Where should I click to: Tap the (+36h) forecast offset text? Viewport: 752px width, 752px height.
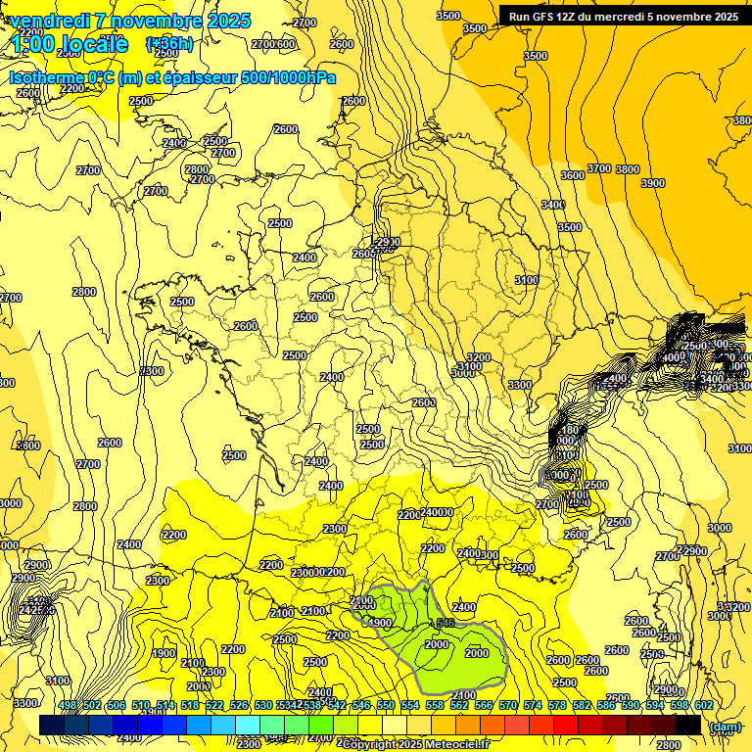(169, 44)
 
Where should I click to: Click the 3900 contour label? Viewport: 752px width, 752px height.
(652, 183)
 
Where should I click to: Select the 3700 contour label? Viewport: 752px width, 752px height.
(598, 169)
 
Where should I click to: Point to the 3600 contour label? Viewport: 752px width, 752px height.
(573, 175)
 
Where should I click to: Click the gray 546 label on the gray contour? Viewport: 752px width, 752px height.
(446, 623)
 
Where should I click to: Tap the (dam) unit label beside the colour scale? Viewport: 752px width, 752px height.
(724, 727)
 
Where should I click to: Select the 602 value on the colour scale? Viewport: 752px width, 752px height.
(702, 705)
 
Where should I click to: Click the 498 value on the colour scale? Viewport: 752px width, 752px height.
(68, 705)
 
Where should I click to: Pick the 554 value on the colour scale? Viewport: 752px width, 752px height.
(410, 705)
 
